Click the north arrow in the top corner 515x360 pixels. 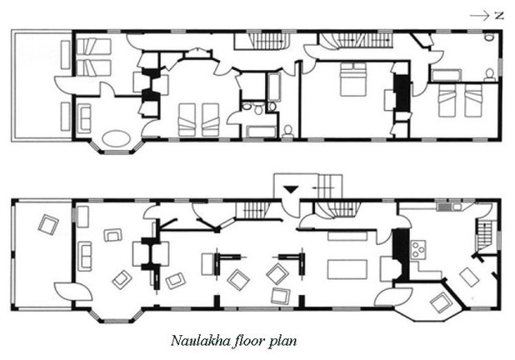coord(479,16)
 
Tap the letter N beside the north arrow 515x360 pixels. coord(499,16)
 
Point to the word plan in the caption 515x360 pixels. coord(282,342)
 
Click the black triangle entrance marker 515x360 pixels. coord(291,189)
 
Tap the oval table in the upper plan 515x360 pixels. coord(116,138)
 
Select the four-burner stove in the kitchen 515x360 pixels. coord(418,249)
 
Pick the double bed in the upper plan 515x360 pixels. coord(353,79)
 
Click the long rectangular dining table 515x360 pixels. coord(347,269)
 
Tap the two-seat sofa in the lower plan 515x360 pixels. coord(85,256)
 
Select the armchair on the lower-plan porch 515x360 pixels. coord(48,224)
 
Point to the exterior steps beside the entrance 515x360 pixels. coord(330,186)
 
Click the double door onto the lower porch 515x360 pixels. coord(72,291)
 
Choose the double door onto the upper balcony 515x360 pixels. coord(72,85)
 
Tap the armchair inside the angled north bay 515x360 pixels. coord(440,302)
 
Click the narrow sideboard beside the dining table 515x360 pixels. coord(347,236)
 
